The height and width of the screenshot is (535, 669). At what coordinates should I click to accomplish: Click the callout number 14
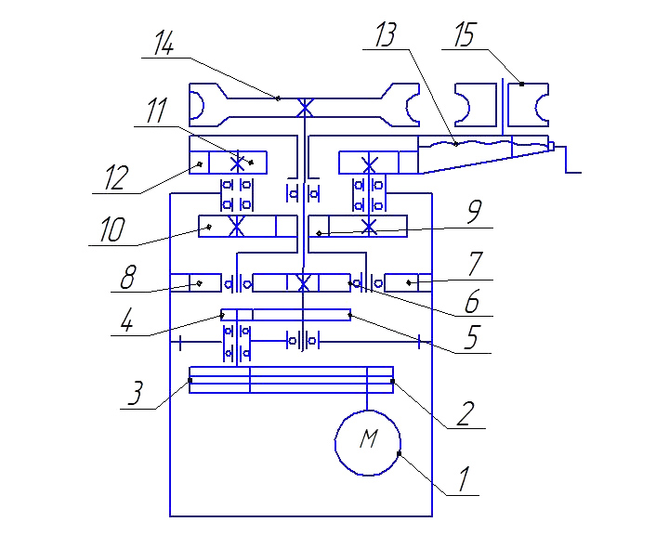click(164, 43)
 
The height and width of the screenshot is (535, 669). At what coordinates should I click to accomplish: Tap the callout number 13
click(386, 34)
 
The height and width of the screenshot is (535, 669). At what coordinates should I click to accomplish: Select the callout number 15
click(465, 34)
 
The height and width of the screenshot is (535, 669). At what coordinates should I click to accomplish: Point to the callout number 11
click(156, 111)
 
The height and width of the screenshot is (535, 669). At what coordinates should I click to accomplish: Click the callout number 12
click(116, 177)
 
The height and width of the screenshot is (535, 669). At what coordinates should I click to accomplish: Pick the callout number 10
click(111, 229)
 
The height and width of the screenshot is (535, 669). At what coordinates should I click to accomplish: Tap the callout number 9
click(475, 211)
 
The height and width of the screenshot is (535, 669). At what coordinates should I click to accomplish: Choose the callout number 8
click(128, 277)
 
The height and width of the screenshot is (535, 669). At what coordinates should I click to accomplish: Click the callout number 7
click(476, 264)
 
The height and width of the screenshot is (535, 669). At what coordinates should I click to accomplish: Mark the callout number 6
click(472, 301)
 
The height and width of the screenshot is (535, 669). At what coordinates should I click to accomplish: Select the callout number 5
click(471, 337)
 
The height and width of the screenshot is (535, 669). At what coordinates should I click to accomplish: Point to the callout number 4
click(126, 320)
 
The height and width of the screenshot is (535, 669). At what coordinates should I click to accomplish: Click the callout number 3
click(136, 393)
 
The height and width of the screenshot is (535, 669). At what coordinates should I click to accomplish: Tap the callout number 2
click(466, 413)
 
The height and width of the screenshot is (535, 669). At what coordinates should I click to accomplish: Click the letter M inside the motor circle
click(369, 438)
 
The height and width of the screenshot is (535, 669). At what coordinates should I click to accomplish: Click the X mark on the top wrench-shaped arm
click(305, 107)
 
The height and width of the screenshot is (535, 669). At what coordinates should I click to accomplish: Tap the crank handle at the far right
click(568, 159)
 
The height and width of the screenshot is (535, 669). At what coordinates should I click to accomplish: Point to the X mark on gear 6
click(303, 282)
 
